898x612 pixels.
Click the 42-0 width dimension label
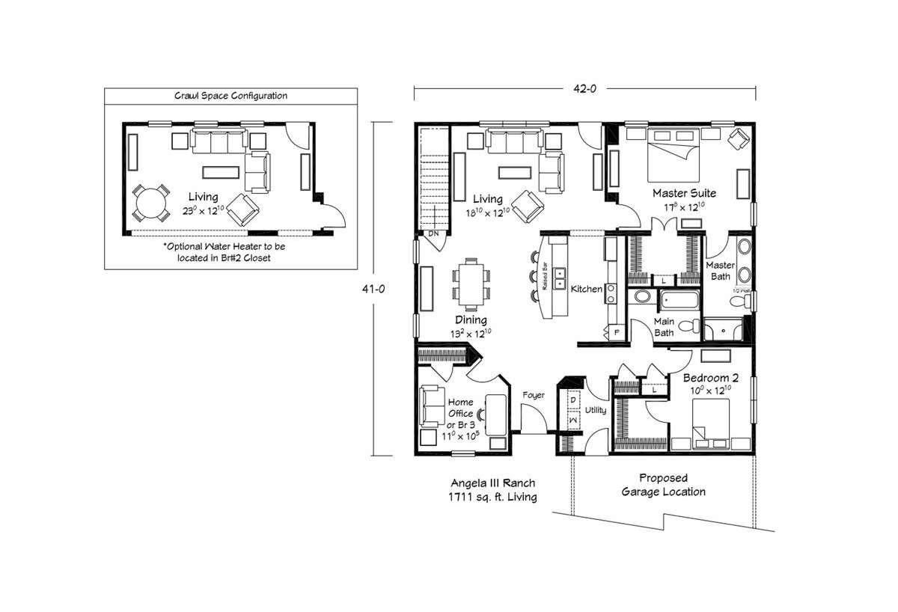point(584,88)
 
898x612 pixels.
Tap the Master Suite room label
point(680,193)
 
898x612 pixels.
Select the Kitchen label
point(587,289)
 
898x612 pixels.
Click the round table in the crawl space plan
point(150,203)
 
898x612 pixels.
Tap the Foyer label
point(534,395)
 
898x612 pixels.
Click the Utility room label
point(596,411)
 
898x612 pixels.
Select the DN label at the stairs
point(433,234)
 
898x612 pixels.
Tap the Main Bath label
point(665,328)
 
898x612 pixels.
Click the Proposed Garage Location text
point(663,485)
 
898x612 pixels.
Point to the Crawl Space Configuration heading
point(230,96)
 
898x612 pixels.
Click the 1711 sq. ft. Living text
point(492,497)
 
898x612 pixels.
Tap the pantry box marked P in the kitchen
point(617,331)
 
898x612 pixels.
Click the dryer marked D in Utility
point(572,401)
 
